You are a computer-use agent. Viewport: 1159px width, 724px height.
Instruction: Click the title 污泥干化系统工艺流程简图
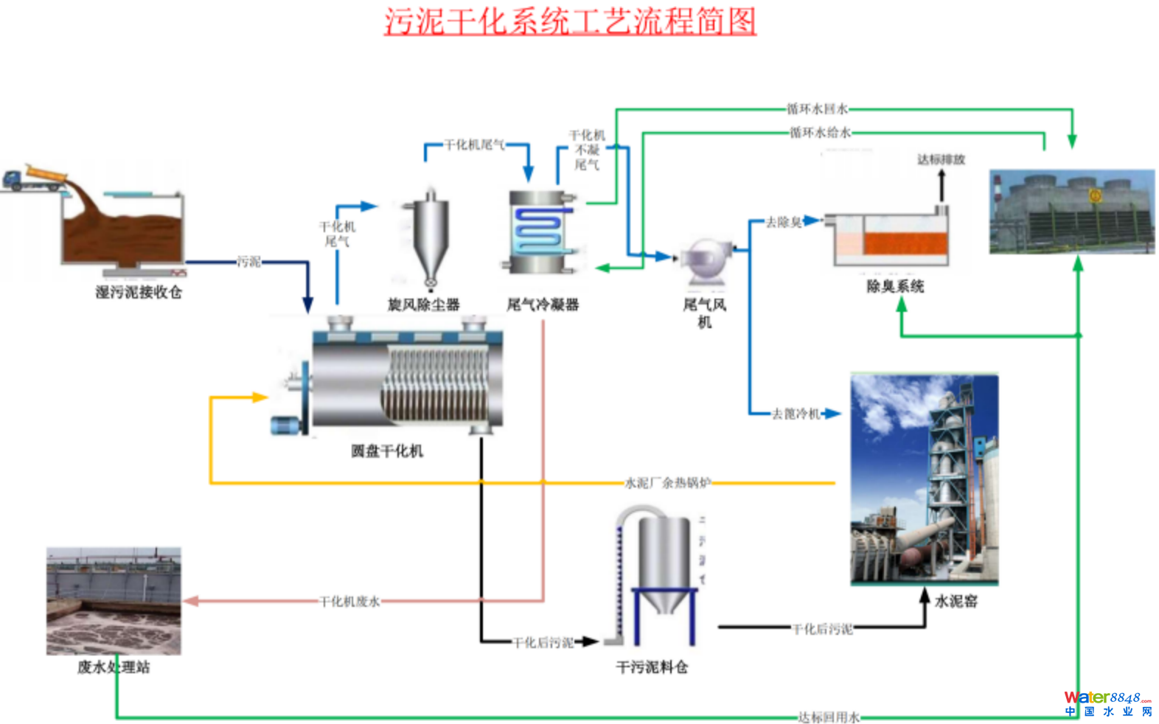click(569, 21)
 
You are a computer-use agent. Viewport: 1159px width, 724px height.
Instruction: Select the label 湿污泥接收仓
click(139, 293)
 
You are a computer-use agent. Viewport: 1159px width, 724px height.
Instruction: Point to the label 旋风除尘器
click(424, 304)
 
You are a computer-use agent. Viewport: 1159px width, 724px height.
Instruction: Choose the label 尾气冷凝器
click(543, 304)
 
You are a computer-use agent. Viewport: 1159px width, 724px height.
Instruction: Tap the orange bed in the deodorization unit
click(905, 243)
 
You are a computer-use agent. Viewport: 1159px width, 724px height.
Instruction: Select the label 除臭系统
click(895, 286)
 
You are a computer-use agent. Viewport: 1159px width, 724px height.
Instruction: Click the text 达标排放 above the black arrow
click(941, 159)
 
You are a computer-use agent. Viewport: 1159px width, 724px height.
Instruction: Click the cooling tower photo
click(1072, 212)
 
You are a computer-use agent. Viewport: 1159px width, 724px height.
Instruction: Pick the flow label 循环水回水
click(817, 109)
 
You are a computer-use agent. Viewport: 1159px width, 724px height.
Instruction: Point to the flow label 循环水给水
click(820, 133)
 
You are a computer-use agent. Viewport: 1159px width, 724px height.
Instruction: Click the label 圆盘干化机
click(387, 451)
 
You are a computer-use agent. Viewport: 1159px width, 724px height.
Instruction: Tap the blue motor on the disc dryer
click(285, 425)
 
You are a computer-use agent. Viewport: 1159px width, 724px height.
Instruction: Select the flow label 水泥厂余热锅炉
click(667, 483)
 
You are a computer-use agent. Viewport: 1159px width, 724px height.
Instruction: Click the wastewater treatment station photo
click(114, 601)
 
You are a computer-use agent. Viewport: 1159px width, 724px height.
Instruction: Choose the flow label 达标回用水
click(829, 717)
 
